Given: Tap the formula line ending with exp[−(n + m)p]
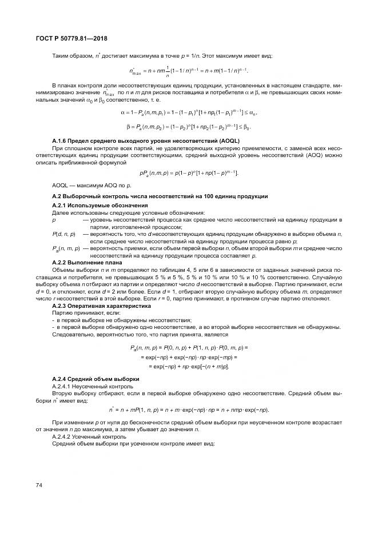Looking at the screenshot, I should pyautogui.click(x=189, y=366).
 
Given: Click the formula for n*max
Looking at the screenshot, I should pyautogui.click(x=189, y=71).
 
